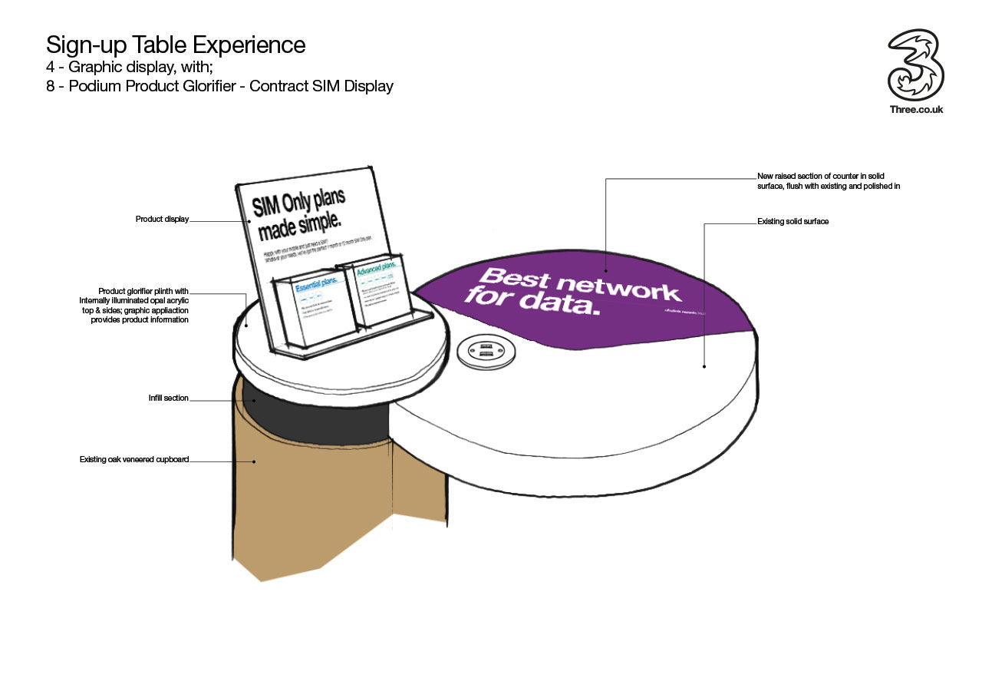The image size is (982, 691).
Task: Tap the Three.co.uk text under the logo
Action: coord(916,109)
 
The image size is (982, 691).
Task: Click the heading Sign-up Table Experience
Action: coord(176,45)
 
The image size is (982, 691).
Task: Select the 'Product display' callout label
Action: coord(162,220)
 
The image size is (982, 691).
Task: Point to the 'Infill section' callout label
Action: coord(168,398)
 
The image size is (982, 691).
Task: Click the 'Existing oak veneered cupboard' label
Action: coord(133,460)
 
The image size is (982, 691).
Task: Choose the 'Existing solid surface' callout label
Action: coord(793,222)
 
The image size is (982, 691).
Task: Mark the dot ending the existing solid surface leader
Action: coord(704,367)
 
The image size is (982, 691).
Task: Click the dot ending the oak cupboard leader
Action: coord(255,461)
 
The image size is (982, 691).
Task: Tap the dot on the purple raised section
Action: coord(605,270)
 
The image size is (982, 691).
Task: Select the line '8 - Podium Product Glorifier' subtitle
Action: coord(219,86)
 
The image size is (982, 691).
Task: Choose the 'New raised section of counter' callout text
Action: coord(827,181)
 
